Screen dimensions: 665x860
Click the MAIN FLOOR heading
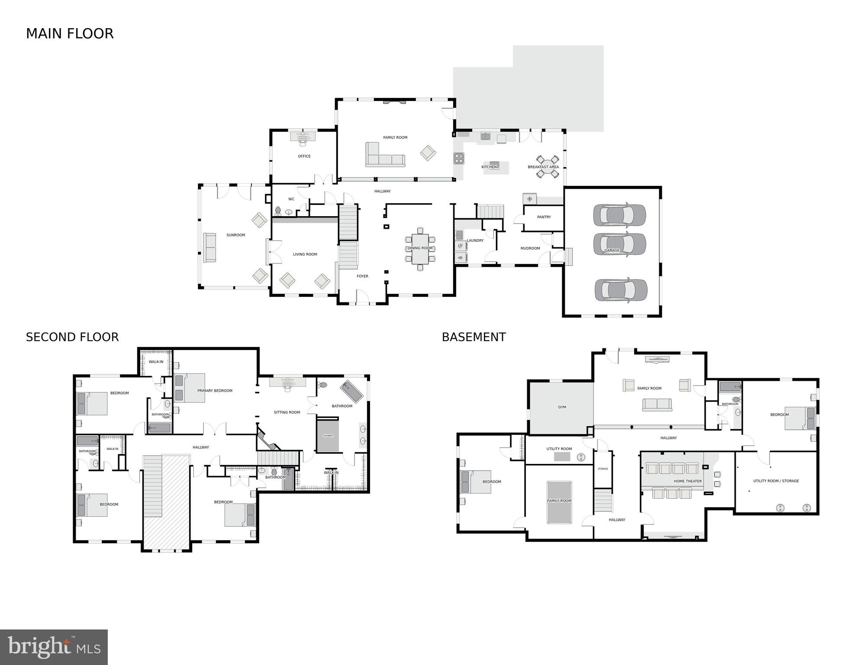click(70, 34)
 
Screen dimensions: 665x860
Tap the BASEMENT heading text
click(473, 337)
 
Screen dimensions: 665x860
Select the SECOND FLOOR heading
click(72, 337)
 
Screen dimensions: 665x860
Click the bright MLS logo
click(54, 647)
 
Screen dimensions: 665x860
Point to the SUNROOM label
click(235, 235)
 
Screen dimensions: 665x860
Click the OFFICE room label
click(304, 156)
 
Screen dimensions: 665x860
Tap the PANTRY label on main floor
click(544, 217)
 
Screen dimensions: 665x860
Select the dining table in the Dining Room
click(420, 249)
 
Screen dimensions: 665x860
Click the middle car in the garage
click(620, 244)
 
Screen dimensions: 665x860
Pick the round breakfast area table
click(548, 167)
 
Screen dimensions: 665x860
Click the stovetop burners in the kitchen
click(459, 158)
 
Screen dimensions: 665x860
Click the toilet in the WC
click(278, 211)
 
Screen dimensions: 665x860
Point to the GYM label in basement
click(562, 407)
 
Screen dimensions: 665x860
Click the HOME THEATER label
click(687, 481)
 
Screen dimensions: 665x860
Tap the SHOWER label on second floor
click(328, 436)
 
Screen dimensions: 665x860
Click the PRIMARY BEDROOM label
click(215, 391)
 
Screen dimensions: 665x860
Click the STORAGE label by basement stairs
click(602, 469)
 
